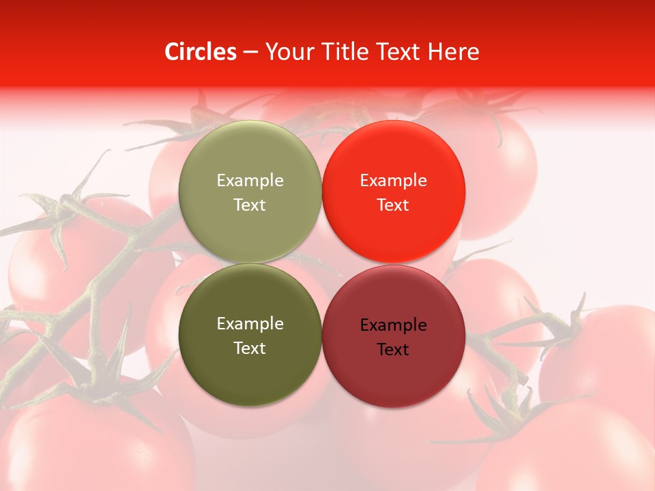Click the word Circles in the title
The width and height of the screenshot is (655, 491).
pos(200,52)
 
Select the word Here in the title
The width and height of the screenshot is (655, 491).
pos(454,52)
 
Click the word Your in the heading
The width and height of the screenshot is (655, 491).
pos(289,52)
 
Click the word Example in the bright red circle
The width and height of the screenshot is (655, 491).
pos(393,181)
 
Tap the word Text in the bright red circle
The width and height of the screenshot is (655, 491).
pos(393,205)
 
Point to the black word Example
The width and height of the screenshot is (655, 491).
pos(393,325)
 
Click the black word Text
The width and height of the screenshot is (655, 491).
pos(393,350)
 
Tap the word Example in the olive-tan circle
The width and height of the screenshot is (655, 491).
pos(250,181)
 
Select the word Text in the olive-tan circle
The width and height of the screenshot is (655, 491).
pos(250,205)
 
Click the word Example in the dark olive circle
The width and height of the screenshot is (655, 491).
pos(250,324)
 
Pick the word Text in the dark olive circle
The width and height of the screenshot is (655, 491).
pos(250,348)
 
